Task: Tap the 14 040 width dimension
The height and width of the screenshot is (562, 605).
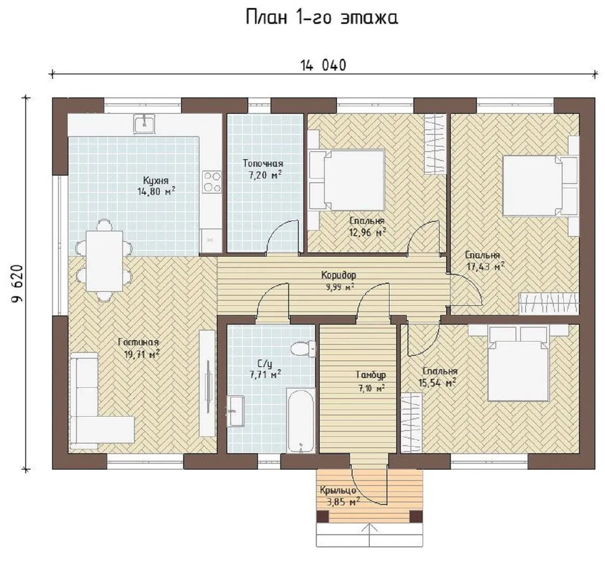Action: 323,65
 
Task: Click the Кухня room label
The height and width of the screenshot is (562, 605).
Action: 156,181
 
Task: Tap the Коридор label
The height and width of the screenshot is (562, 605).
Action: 338,275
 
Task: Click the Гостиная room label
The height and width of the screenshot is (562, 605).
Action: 138,342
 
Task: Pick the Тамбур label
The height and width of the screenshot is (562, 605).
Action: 371,375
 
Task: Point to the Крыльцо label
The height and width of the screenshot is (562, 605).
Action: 337,490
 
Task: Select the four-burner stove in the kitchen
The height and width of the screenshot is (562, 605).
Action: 212,181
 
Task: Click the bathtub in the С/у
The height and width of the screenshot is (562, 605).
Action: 301,420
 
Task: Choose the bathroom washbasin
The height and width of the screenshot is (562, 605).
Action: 235,411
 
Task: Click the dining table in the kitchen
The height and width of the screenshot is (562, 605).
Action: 104,261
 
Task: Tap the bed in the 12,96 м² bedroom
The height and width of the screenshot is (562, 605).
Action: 346,180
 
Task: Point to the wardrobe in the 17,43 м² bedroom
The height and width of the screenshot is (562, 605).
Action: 549,303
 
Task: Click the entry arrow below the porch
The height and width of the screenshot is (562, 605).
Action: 371,534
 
